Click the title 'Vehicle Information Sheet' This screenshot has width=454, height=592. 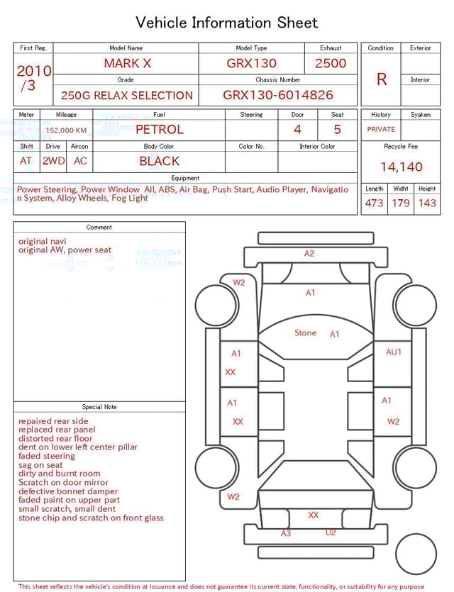pos(226,23)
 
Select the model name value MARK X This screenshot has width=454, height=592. pos(127,63)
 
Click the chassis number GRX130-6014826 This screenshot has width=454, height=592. pos(277,95)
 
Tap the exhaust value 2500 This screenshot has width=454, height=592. pos(331,63)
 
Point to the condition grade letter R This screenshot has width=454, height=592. pos(382,79)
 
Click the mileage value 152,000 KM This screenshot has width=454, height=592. pos(67,130)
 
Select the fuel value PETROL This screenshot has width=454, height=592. pos(159,130)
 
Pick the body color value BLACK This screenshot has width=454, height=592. pos(159,161)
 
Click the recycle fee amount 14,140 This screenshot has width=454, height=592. pos(401,167)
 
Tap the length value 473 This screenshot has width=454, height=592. pos(374,203)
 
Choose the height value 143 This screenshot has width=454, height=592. pos(427,203)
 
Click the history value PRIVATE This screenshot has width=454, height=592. pos(381,130)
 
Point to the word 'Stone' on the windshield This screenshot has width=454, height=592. pos(306,333)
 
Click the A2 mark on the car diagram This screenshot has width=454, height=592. pos(309,253)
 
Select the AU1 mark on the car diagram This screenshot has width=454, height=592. pos(394,352)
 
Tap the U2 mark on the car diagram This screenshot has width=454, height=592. pos(331,532)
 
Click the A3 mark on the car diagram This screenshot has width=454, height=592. pos(286,533)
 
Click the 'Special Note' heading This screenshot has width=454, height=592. pos(99,407)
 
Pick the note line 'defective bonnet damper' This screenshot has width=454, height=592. pos(68,491)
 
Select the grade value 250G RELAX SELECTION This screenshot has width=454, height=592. pos(127,95)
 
